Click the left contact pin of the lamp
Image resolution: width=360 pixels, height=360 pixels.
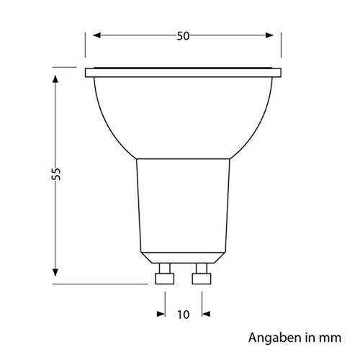pos(163,275)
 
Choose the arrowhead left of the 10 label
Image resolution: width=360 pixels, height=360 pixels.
pos(161,314)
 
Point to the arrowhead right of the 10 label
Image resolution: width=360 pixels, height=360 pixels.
pos(205,314)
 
